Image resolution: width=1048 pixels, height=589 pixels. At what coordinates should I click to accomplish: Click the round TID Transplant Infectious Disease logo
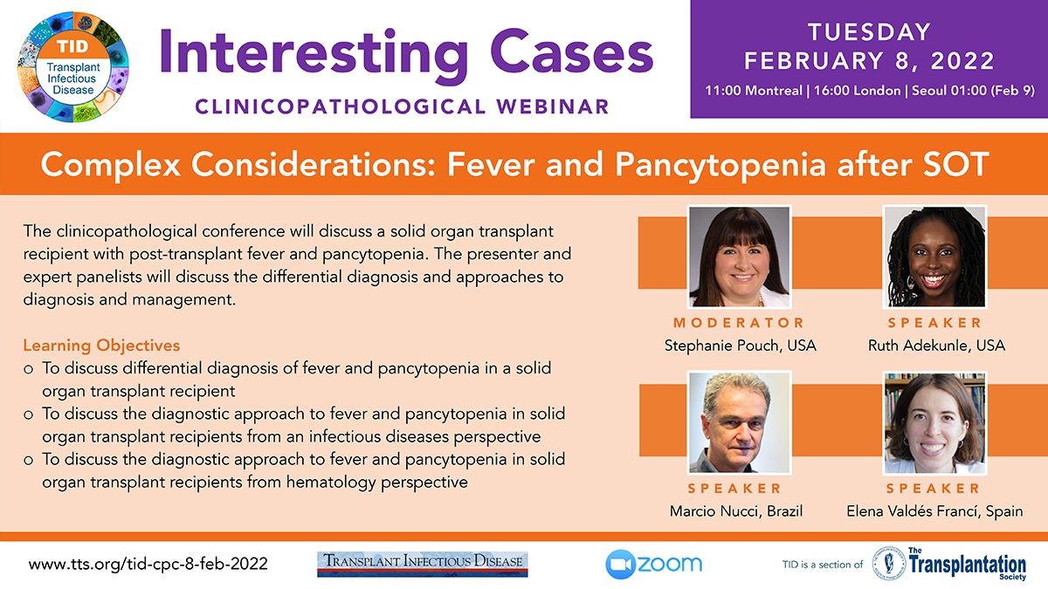coord(72,67)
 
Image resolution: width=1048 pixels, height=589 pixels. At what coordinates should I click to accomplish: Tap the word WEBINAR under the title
coord(553,106)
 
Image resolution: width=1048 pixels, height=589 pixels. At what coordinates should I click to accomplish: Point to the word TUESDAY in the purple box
coord(869,32)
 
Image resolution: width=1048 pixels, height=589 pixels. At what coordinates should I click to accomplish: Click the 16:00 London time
coord(857,90)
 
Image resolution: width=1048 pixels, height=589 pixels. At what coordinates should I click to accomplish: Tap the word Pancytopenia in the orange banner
coord(720,165)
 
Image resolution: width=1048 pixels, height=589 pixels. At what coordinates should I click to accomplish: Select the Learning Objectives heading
coord(101,346)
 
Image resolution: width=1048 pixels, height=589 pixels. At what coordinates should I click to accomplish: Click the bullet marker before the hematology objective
coord(29,461)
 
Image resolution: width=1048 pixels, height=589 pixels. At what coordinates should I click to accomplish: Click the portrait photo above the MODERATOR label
coord(739,257)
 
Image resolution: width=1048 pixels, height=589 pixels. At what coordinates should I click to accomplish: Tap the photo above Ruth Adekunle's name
coord(934,257)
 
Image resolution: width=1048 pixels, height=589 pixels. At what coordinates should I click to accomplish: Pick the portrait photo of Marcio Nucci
coord(739,422)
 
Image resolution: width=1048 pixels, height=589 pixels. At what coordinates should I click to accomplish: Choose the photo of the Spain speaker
coord(934,422)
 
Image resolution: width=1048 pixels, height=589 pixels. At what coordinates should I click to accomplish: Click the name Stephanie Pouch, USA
coord(741,346)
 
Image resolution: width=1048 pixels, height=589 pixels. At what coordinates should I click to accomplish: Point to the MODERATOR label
coord(739,323)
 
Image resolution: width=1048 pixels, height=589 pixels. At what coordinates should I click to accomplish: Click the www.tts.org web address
coord(148,564)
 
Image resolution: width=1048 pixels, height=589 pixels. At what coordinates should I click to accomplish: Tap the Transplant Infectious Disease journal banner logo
coord(423,565)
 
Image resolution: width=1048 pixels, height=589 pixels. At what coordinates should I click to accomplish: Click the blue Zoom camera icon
coord(620,565)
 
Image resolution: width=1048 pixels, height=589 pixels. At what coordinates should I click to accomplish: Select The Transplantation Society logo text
coord(968,564)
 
